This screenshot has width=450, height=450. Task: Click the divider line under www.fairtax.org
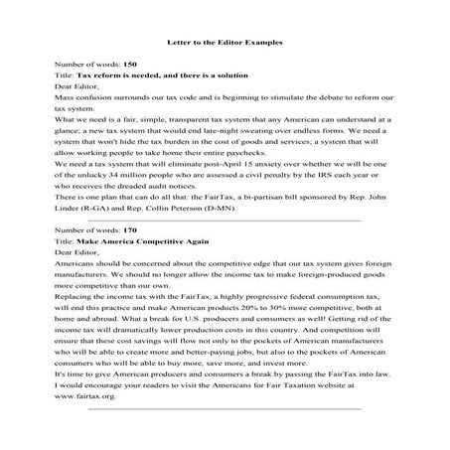pos(225,435)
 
